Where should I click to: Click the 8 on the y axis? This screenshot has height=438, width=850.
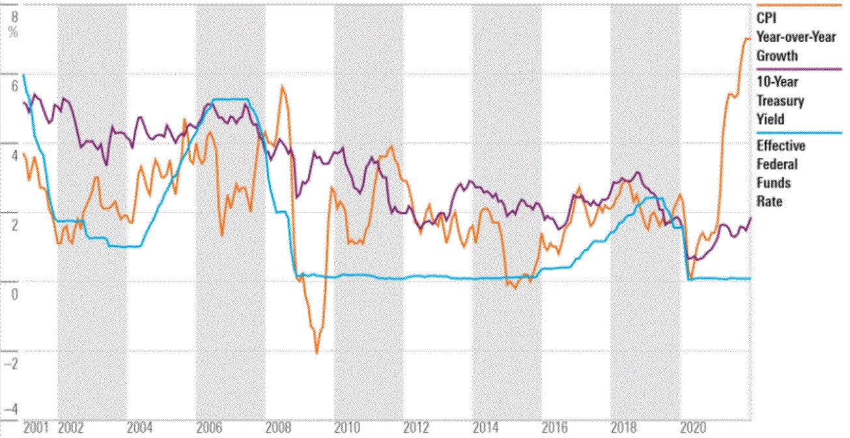pyautogui.click(x=14, y=17)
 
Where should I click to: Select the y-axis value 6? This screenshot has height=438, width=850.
pyautogui.click(x=14, y=86)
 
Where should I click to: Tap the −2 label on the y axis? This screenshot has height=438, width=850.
pyautogui.click(x=12, y=363)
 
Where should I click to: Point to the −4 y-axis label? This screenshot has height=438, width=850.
pyautogui.click(x=12, y=411)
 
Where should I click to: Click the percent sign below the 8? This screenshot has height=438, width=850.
pyautogui.click(x=14, y=32)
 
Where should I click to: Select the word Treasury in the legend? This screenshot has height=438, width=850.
pyautogui.click(x=780, y=101)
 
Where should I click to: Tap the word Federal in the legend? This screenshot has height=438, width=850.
pyautogui.click(x=776, y=164)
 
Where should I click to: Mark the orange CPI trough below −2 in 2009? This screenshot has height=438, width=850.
pyautogui.click(x=317, y=353)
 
